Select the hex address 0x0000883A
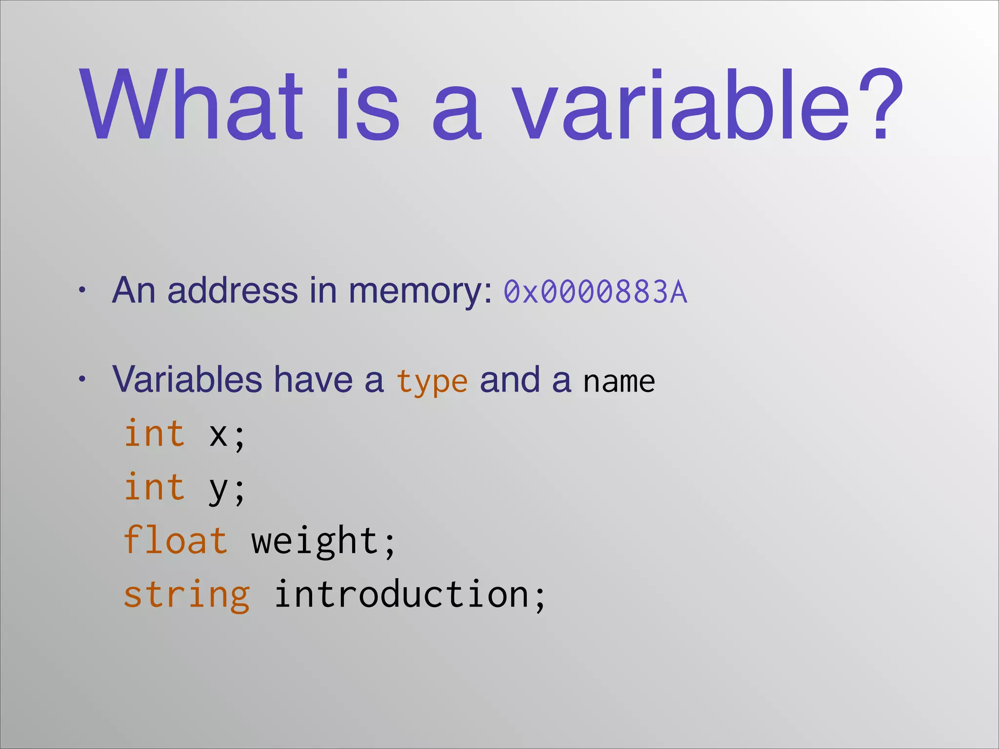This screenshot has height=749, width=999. (x=595, y=292)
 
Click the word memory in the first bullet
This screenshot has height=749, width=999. (x=420, y=292)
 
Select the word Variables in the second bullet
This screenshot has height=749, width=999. (x=187, y=379)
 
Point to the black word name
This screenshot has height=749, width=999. (x=619, y=382)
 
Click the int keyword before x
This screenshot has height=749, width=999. (x=155, y=433)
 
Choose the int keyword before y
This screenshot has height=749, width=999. (x=155, y=487)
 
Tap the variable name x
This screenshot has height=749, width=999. (x=218, y=435)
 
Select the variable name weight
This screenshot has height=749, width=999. (x=315, y=542)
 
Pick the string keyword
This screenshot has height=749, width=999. (x=186, y=595)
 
